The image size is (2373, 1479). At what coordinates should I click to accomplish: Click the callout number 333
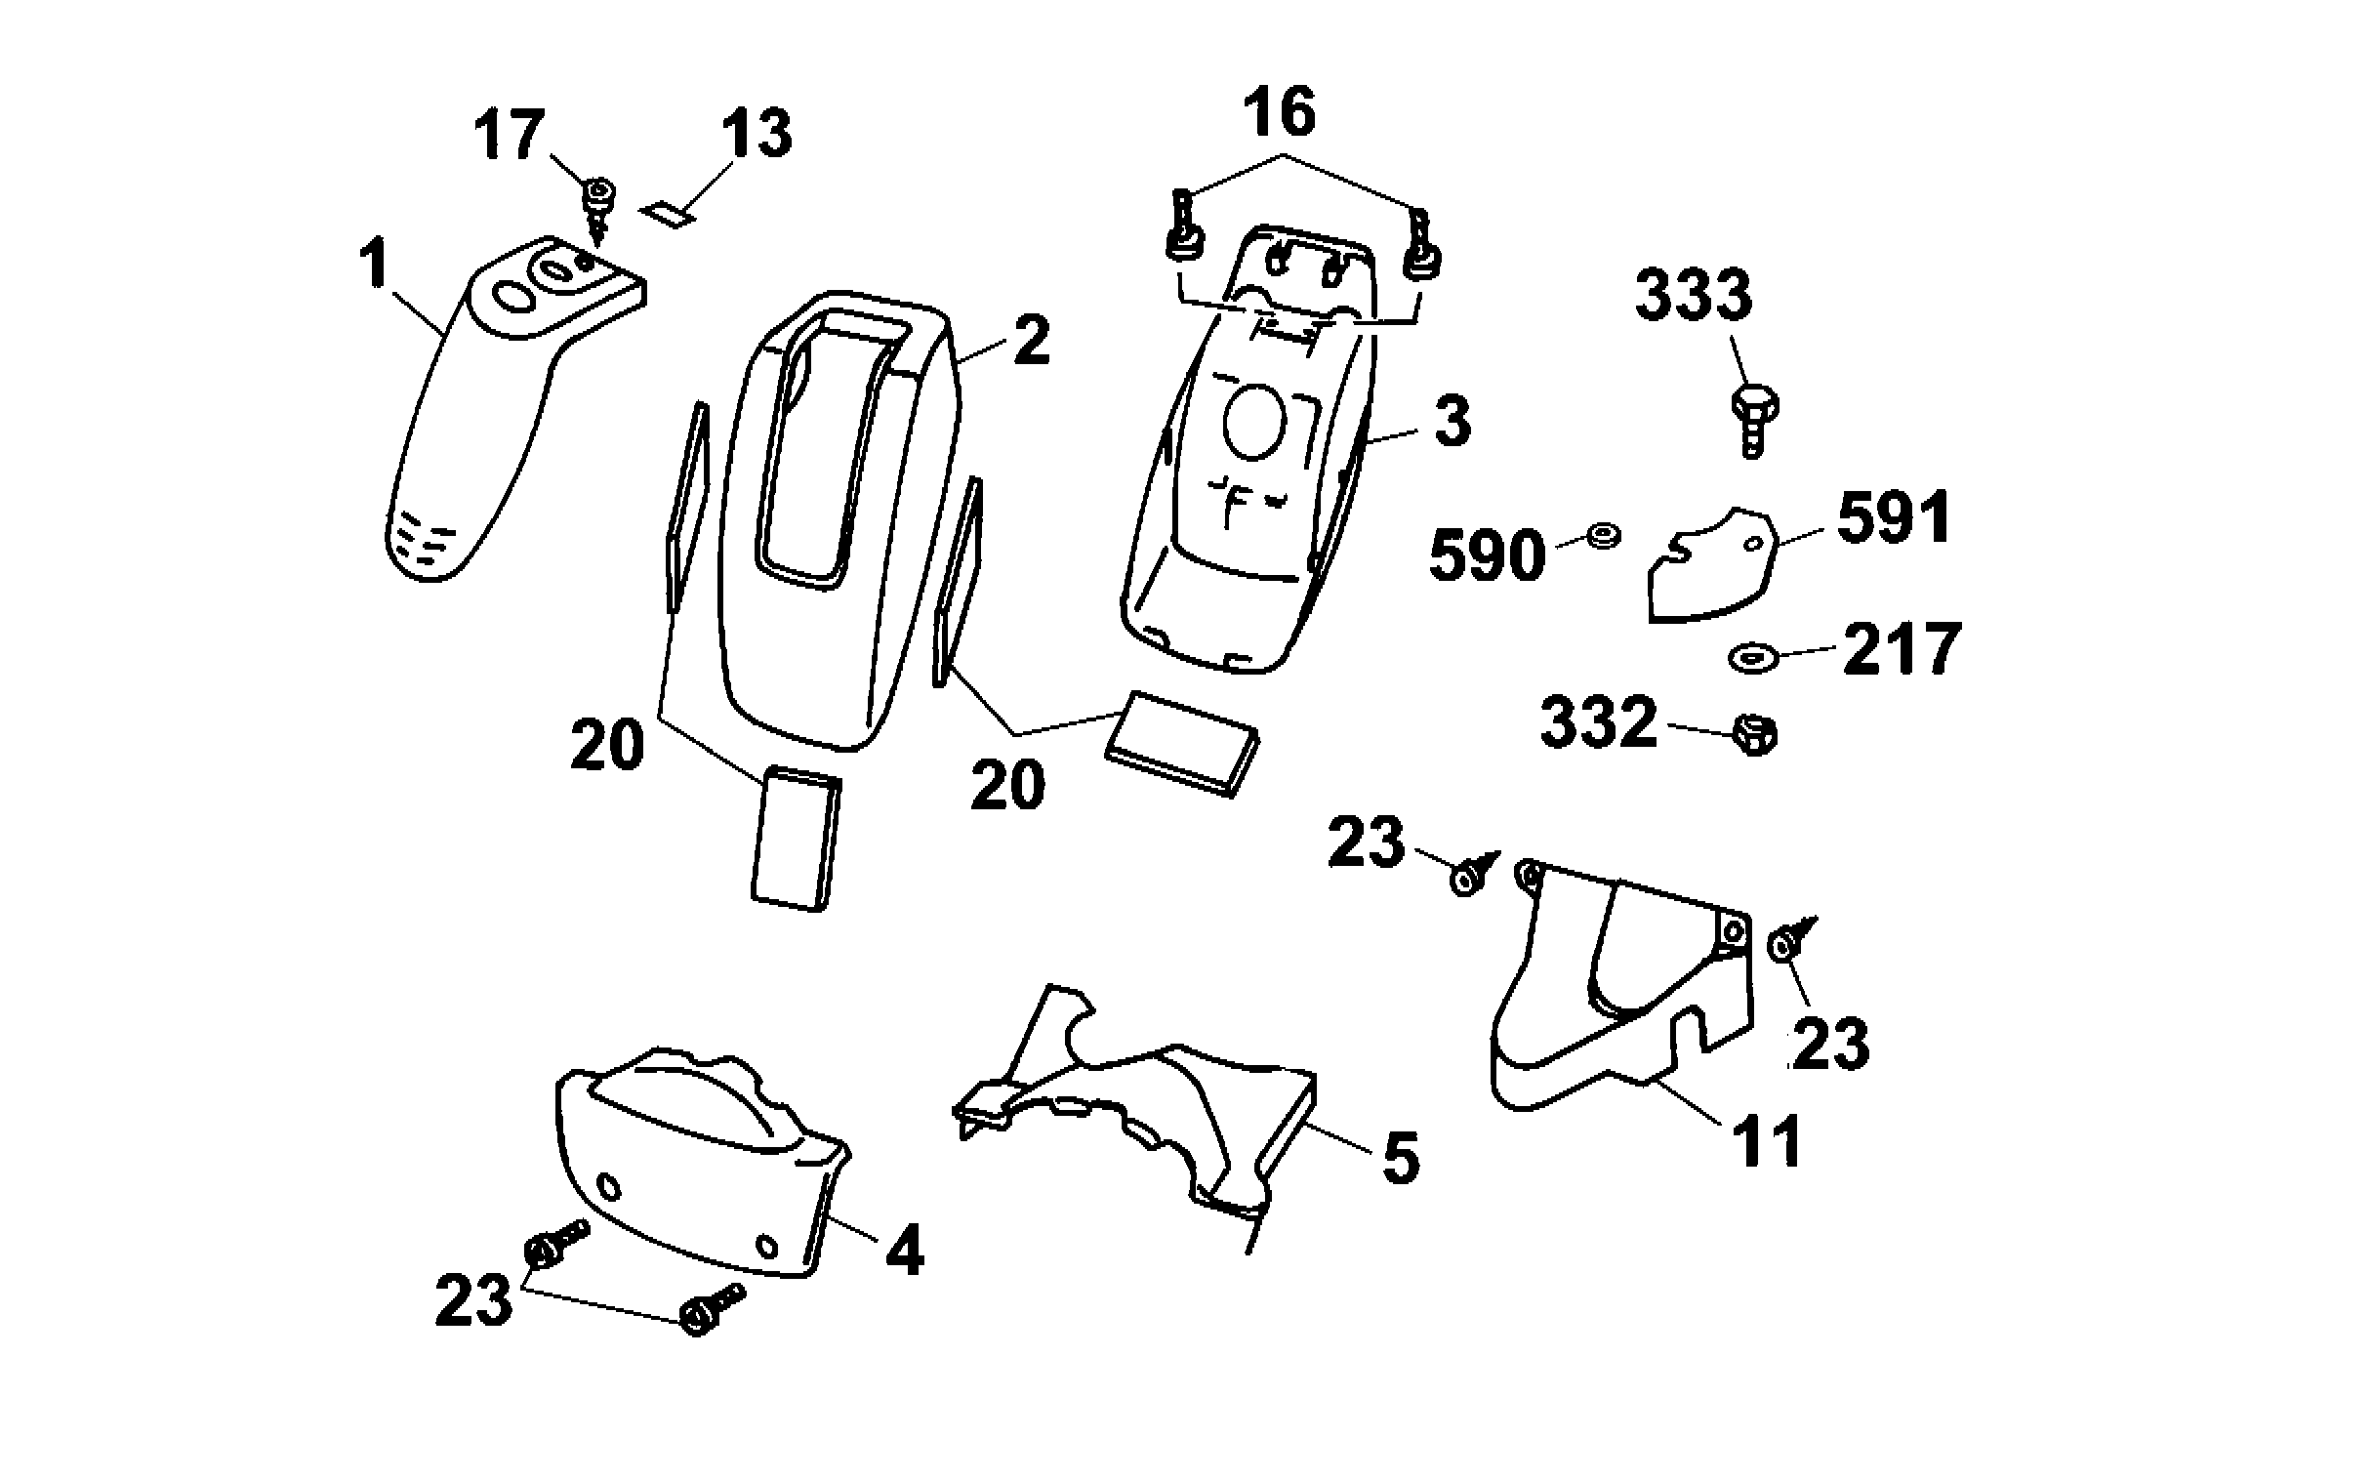tap(1694, 297)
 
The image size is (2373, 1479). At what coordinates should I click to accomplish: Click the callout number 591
tap(1894, 518)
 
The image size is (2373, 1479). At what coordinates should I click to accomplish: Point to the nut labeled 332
tap(1755, 733)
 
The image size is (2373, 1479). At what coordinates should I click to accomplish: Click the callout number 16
tap(1280, 113)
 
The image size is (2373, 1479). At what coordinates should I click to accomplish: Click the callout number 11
tap(1767, 1140)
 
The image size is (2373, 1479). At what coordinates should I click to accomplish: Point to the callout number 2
tap(1031, 341)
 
